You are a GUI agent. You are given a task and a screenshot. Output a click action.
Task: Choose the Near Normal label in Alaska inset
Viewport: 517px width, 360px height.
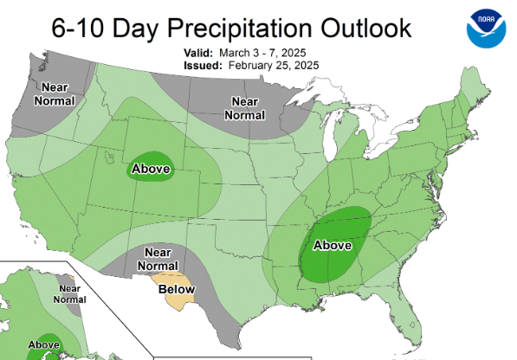(70, 294)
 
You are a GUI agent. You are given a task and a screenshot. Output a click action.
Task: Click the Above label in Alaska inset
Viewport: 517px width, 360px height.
(43, 344)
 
